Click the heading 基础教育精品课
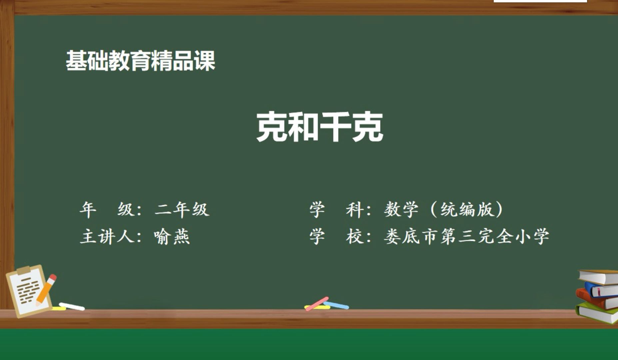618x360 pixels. pyautogui.click(x=140, y=61)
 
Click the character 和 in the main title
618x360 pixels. pyautogui.click(x=304, y=127)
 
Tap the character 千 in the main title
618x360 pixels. pyautogui.click(x=335, y=127)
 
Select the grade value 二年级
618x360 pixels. pyautogui.click(x=182, y=210)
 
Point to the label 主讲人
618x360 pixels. pyautogui.click(x=107, y=237)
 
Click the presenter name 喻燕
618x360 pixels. pyautogui.click(x=172, y=237)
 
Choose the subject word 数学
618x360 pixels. pyautogui.click(x=401, y=210)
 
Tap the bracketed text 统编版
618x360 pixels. pyautogui.click(x=467, y=210)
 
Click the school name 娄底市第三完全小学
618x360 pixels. pyautogui.click(x=466, y=237)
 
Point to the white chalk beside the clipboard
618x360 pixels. pyautogui.click(x=72, y=306)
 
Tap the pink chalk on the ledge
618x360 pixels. pyautogui.click(x=317, y=304)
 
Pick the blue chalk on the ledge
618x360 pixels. pyautogui.click(x=336, y=305)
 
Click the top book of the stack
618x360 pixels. pyautogui.click(x=598, y=277)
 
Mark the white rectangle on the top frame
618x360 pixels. pyautogui.click(x=540, y=1)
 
